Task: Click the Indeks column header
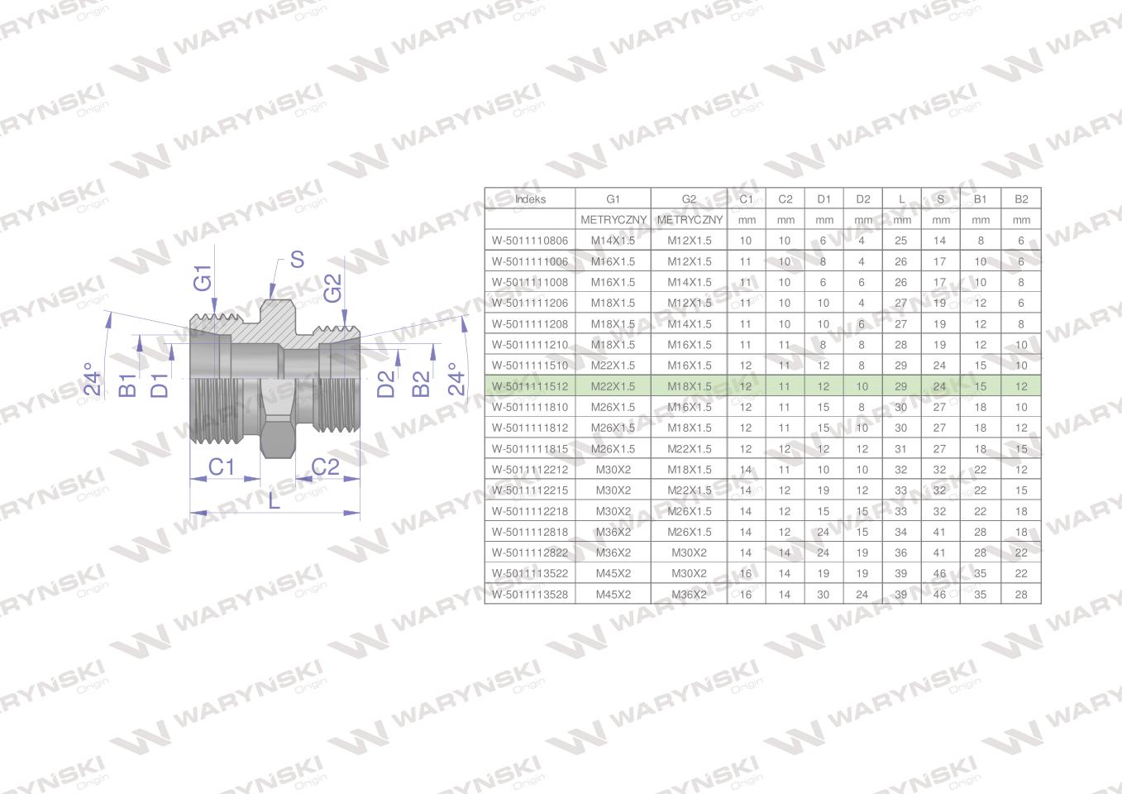pyautogui.click(x=530, y=198)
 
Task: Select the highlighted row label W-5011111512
pyautogui.click(x=530, y=386)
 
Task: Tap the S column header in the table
pyautogui.click(x=940, y=198)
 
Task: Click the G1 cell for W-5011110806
pyautogui.click(x=613, y=241)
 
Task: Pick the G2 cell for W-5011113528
pyautogui.click(x=689, y=595)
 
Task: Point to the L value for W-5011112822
pyautogui.click(x=900, y=552)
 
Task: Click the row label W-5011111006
pyautogui.click(x=530, y=261)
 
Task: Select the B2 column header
pyautogui.click(x=1021, y=198)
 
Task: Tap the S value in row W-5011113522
pyautogui.click(x=939, y=574)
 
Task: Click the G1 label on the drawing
pyautogui.click(x=203, y=278)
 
